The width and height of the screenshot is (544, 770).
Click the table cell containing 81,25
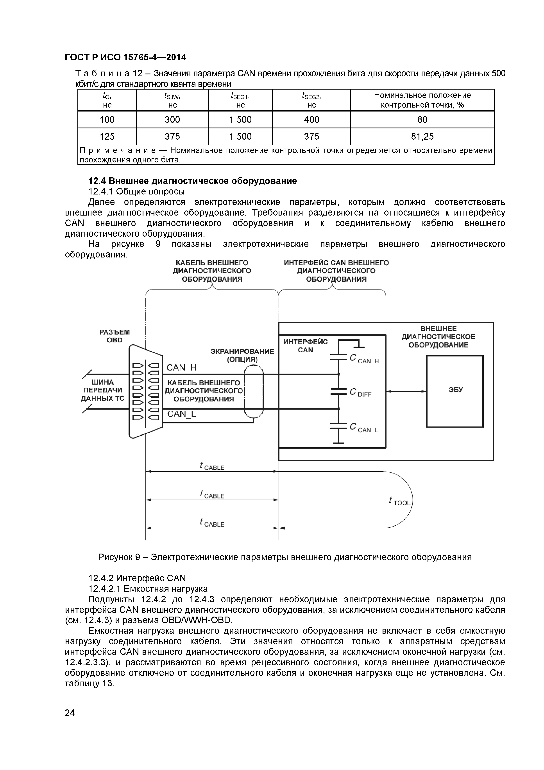click(x=422, y=137)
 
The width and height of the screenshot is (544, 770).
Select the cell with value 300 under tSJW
click(x=172, y=120)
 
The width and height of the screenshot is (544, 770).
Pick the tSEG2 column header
click(x=311, y=100)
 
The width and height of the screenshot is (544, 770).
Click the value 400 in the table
click(x=311, y=120)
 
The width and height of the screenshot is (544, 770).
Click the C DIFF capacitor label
click(x=360, y=393)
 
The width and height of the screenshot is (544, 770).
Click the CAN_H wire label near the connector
click(x=181, y=368)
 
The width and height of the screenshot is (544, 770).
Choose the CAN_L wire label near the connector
click(x=181, y=414)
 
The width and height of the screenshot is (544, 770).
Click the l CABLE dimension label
click(x=212, y=495)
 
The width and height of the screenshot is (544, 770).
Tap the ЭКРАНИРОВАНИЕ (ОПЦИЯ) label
click(x=242, y=355)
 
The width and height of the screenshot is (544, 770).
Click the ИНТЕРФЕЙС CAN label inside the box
click(x=305, y=346)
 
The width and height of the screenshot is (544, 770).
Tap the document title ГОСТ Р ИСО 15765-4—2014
click(x=125, y=58)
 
